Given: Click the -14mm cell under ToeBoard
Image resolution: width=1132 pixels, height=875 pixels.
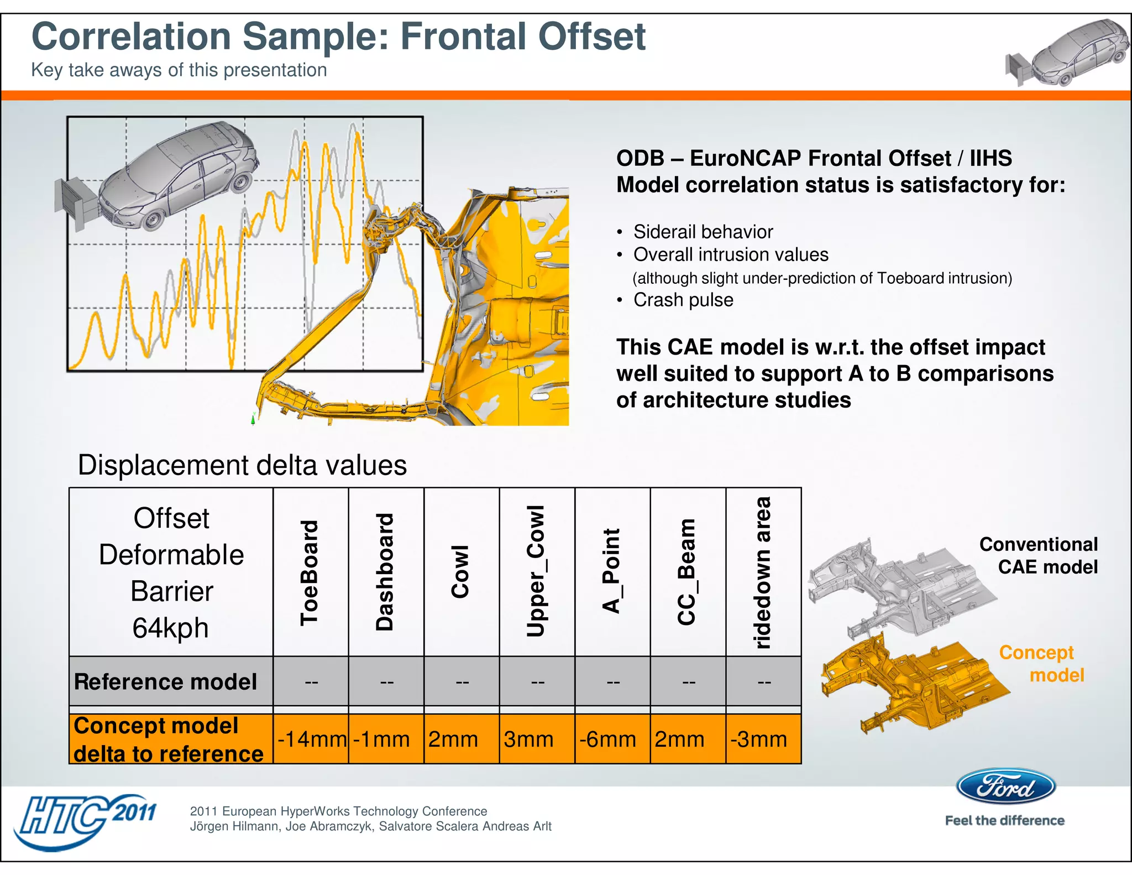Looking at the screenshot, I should (x=311, y=739).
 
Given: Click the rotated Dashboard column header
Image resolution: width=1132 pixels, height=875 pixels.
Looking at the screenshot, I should (x=385, y=572).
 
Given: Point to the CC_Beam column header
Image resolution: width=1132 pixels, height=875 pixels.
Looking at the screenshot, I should (x=687, y=572).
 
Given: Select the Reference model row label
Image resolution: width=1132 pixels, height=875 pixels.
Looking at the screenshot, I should (x=166, y=681).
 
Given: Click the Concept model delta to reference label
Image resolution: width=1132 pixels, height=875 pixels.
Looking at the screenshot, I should (x=169, y=739).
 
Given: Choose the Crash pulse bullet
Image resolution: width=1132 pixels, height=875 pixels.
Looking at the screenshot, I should (x=683, y=300).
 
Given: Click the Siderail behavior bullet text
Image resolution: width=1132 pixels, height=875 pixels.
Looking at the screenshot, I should (x=703, y=232).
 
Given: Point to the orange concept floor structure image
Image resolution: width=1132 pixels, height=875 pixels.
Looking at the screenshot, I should (x=912, y=683).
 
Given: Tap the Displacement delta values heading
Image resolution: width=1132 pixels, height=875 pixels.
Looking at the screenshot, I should (x=242, y=465).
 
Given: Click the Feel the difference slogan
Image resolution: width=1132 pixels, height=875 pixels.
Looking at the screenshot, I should (x=1004, y=821).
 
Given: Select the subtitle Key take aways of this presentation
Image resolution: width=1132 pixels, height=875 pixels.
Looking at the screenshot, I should (x=179, y=70).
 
